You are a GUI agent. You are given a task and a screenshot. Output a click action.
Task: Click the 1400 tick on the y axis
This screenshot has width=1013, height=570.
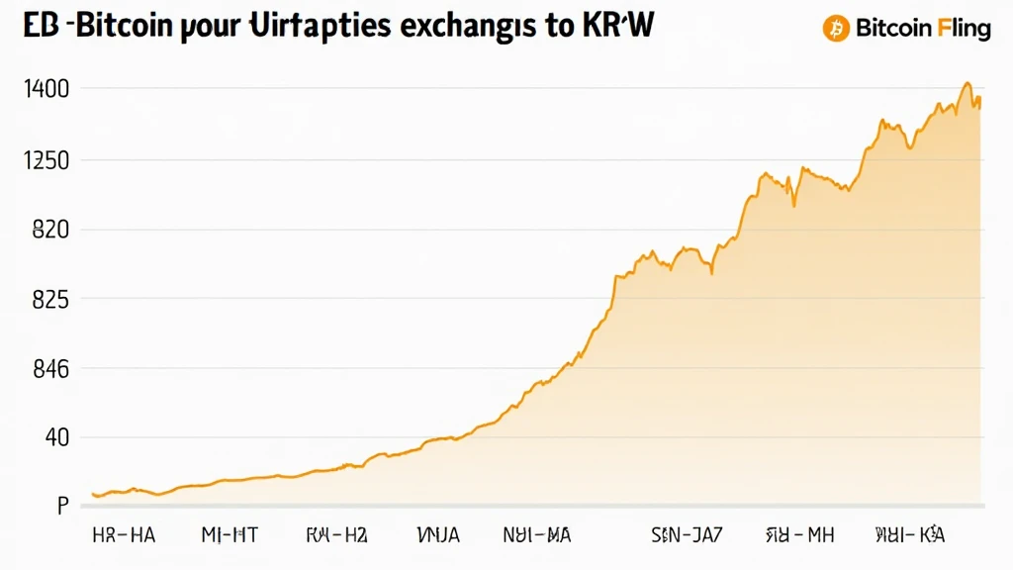[48, 89]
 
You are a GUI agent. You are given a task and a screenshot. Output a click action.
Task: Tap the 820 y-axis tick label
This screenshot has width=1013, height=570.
[48, 230]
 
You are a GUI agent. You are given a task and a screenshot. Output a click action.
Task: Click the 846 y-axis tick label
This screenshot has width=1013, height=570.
[48, 369]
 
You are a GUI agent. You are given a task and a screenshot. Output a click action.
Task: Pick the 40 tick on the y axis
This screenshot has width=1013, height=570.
[52, 437]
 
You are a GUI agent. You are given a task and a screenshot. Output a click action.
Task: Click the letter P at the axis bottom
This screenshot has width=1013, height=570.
[61, 506]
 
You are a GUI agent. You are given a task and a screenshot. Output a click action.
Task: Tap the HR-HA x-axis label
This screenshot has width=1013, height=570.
[124, 535]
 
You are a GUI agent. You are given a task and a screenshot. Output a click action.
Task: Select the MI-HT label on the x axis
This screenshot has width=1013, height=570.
[230, 535]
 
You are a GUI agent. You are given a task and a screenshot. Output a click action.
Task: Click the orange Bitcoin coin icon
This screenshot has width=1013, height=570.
[836, 28]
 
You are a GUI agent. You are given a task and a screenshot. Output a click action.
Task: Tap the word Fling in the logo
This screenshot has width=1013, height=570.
[964, 28]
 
